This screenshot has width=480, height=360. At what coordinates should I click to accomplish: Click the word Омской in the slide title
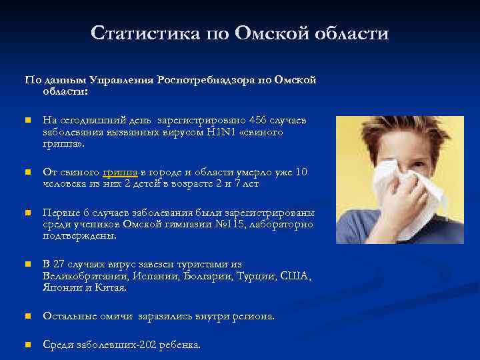click(270, 33)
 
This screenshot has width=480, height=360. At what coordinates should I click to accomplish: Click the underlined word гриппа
click(121, 172)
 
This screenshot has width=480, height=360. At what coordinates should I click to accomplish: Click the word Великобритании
click(80, 276)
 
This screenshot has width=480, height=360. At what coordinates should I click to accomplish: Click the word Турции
click(257, 276)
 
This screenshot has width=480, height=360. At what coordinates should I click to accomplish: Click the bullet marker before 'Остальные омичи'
click(27, 317)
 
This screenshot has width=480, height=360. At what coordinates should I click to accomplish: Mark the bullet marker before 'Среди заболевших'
click(27, 345)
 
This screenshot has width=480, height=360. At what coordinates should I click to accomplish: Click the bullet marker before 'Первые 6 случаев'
click(27, 213)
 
